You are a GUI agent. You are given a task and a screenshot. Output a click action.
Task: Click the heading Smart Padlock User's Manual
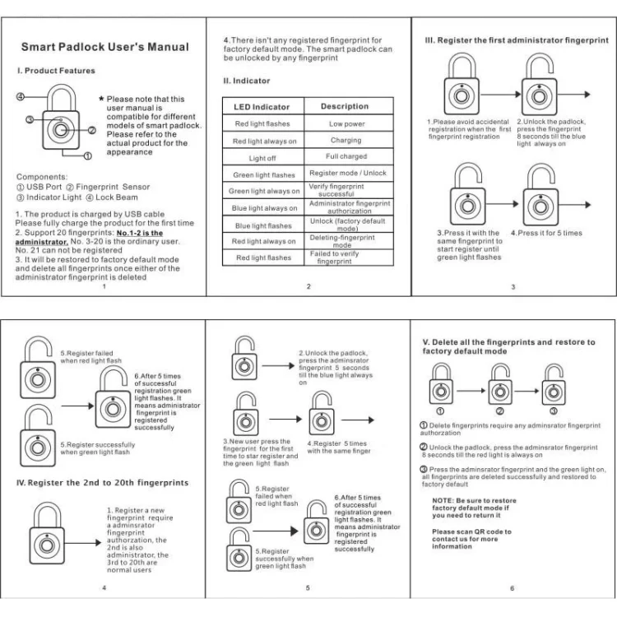(x=104, y=47)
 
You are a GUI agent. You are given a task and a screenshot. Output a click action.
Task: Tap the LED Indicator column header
(x=260, y=107)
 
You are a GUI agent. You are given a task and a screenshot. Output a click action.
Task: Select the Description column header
(x=345, y=106)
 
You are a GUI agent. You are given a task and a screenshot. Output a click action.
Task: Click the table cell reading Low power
(x=346, y=123)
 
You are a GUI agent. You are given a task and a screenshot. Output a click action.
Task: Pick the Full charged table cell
(x=346, y=156)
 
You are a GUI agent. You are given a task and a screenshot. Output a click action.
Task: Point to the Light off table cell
(x=262, y=158)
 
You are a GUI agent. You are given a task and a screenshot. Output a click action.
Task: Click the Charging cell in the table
(x=346, y=141)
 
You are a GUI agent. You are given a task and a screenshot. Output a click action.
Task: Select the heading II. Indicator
(x=247, y=81)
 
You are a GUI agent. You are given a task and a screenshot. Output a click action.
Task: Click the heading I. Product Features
(x=57, y=71)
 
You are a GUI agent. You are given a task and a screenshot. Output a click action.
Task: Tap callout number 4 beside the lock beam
(x=21, y=96)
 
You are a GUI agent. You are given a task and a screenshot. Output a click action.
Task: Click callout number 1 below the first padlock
(x=87, y=155)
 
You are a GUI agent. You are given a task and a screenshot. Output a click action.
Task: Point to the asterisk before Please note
(x=101, y=100)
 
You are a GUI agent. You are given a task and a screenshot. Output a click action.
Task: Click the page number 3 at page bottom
(x=513, y=286)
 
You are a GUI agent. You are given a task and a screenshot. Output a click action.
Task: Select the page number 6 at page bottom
(x=512, y=587)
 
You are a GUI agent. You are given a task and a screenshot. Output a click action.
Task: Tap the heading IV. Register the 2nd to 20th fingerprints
(x=103, y=482)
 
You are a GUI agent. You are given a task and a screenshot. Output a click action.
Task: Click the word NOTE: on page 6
(x=443, y=500)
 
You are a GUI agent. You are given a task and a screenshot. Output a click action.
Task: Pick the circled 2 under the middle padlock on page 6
(x=499, y=411)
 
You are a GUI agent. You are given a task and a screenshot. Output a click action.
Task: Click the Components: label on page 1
(x=42, y=177)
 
